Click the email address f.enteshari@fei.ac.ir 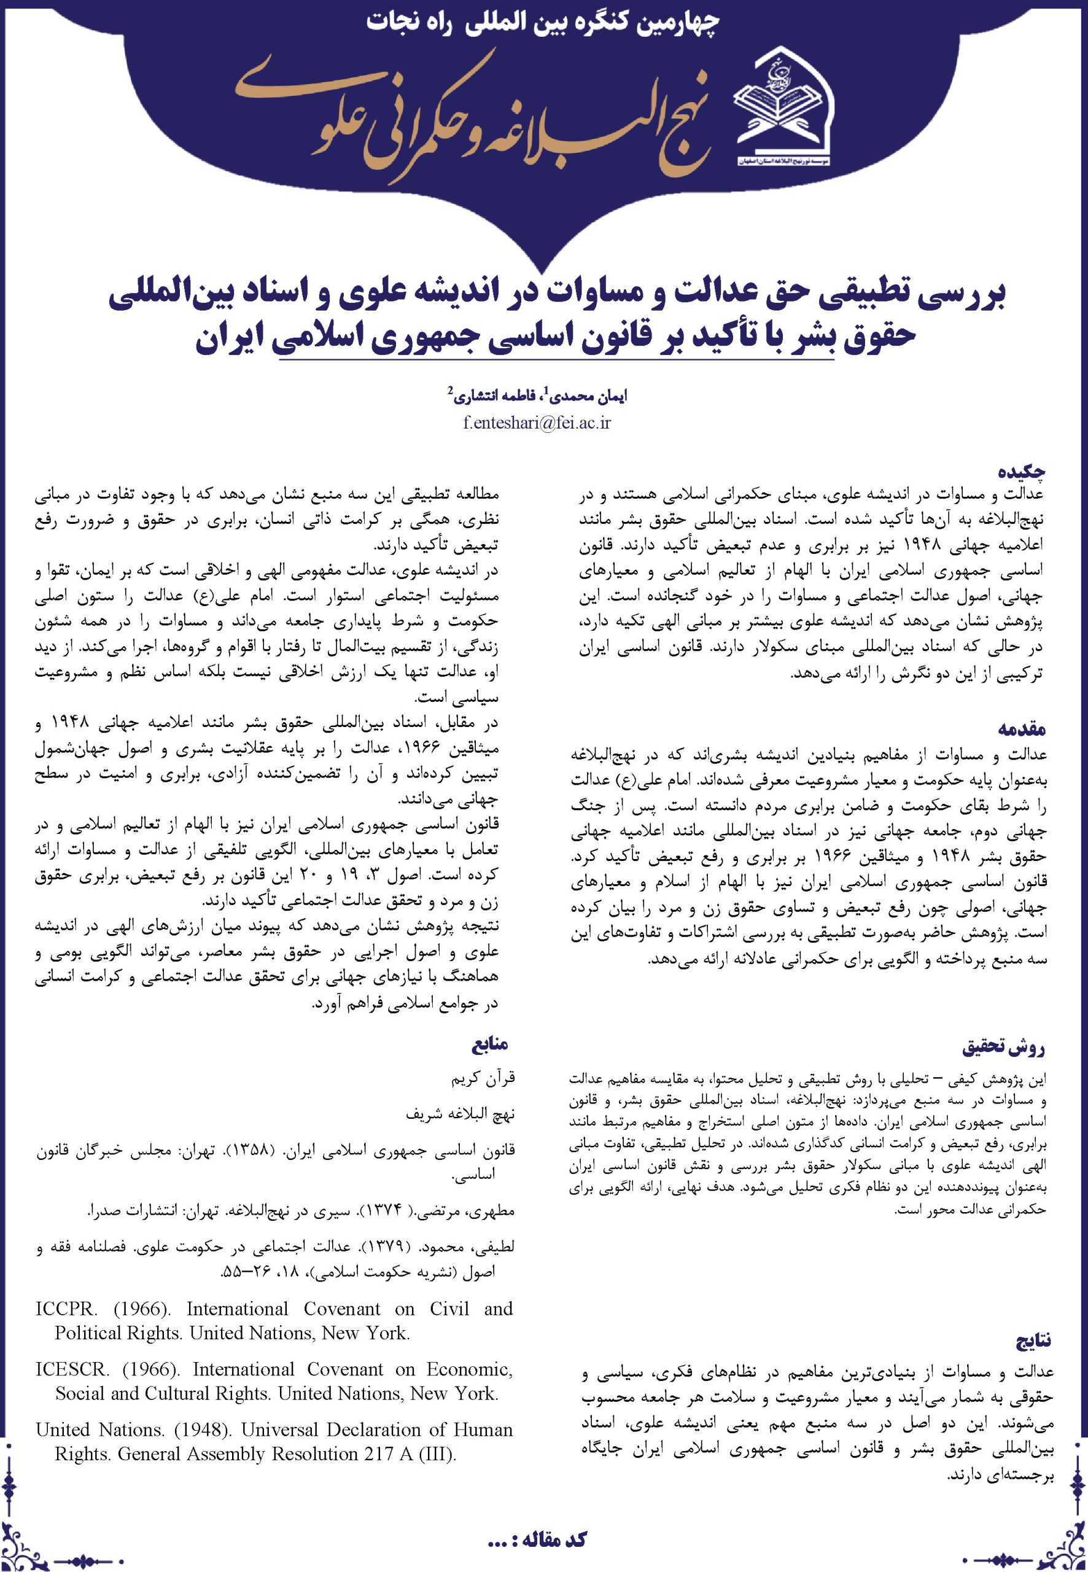537,422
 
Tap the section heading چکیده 1022,470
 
